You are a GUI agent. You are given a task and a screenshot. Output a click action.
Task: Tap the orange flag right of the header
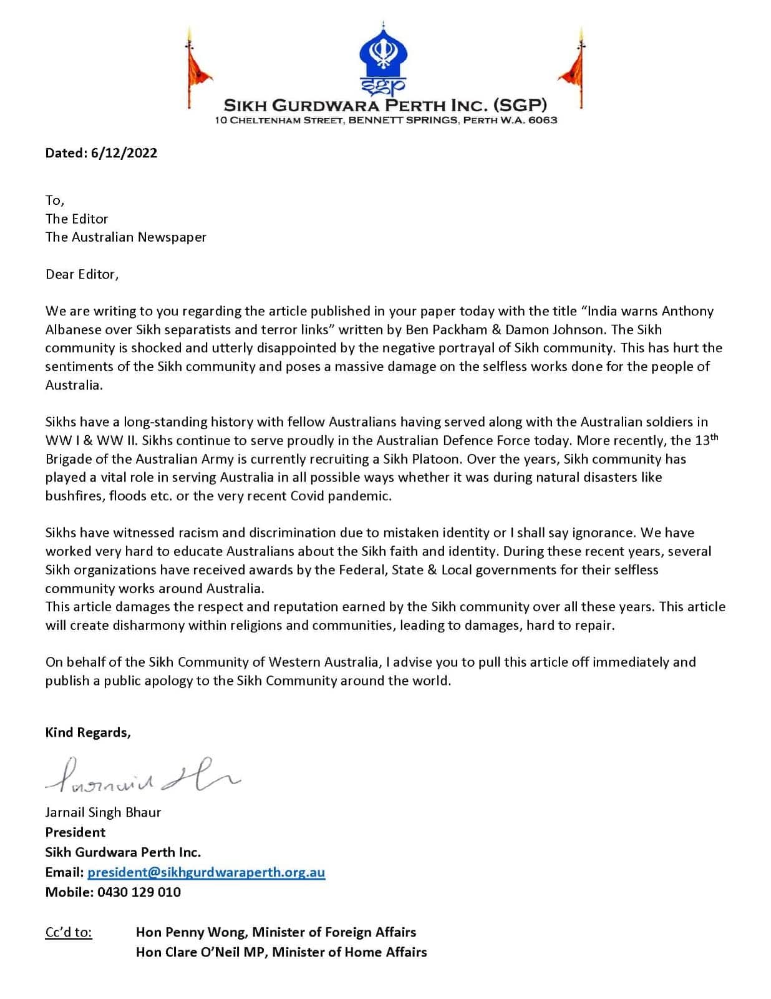click(x=574, y=69)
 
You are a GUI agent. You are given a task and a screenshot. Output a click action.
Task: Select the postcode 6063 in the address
click(x=542, y=120)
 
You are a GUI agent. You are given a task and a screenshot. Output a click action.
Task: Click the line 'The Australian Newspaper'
click(x=125, y=237)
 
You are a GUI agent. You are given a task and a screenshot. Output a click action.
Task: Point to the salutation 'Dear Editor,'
click(x=82, y=274)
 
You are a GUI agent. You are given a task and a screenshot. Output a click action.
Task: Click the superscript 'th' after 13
click(x=714, y=437)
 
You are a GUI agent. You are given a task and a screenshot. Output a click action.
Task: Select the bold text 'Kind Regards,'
click(x=88, y=732)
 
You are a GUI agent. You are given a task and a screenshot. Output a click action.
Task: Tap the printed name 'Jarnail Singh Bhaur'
click(x=103, y=812)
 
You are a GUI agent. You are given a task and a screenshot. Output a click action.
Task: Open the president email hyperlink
click(x=206, y=872)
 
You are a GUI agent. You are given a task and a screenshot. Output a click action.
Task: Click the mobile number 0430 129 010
click(x=138, y=892)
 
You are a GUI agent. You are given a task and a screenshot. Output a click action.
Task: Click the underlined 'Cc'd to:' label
click(x=69, y=932)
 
